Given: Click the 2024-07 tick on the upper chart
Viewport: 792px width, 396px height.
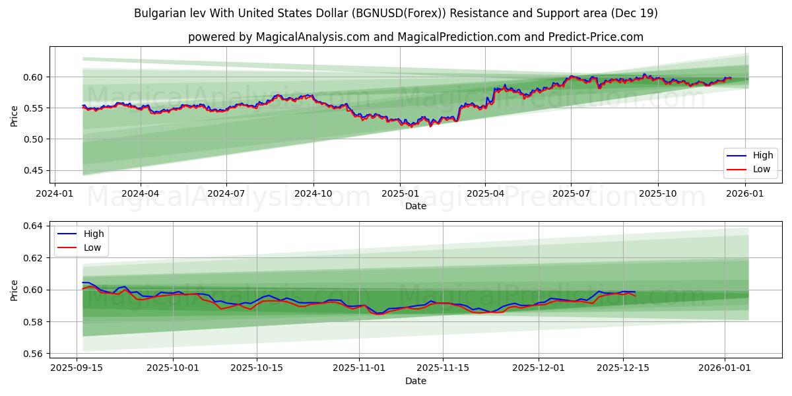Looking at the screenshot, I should pos(226,193).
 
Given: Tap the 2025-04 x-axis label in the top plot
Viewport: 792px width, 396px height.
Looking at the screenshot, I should pos(485,193).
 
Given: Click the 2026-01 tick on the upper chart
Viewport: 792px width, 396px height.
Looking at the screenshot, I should pos(745,193).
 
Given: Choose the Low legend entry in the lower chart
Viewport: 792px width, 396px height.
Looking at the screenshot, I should pos(93,247).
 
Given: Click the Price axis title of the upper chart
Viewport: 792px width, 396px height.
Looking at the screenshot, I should pos(15,115).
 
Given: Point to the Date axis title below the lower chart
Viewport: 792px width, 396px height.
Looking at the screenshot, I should pos(416,381).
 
